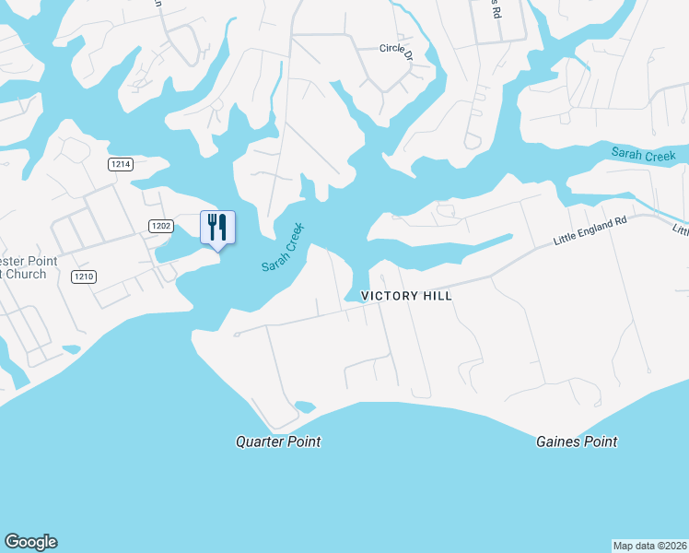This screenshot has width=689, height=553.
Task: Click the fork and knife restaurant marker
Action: (217, 228)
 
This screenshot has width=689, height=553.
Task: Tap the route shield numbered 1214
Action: (121, 164)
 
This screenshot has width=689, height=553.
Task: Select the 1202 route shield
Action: (161, 225)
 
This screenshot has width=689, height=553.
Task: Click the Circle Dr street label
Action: (398, 48)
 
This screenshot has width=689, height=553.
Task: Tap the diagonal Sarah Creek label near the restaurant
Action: (282, 247)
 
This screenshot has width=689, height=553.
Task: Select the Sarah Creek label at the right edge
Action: (644, 154)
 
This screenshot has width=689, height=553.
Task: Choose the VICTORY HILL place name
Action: (406, 297)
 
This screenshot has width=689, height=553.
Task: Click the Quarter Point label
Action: (278, 441)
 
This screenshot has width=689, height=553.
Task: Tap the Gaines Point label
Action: (577, 441)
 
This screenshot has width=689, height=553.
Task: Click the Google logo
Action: (30, 542)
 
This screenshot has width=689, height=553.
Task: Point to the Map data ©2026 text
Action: (649, 545)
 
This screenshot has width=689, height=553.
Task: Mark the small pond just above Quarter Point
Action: (305, 406)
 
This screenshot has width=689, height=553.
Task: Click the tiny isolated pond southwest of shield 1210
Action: (71, 349)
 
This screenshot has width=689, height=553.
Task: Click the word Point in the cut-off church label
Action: (39, 262)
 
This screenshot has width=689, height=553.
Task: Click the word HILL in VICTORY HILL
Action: (436, 297)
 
